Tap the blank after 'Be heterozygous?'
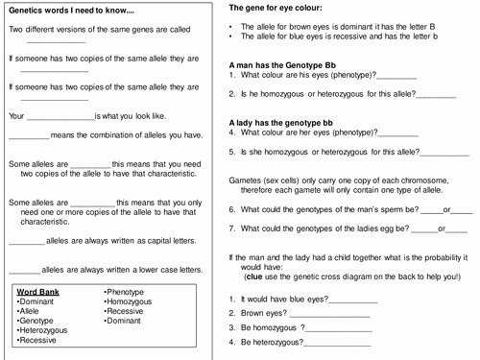point(337,343)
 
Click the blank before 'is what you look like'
point(60,117)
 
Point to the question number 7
point(232,228)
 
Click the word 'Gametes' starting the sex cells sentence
point(246,180)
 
